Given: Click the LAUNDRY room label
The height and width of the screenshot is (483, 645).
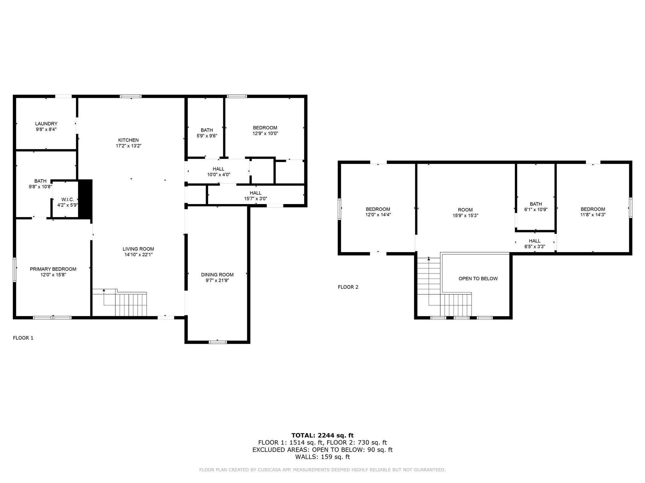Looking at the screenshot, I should click(46, 124).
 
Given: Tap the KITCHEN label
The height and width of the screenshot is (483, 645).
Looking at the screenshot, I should click(128, 140).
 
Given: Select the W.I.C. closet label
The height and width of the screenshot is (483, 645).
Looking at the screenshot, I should click(67, 200).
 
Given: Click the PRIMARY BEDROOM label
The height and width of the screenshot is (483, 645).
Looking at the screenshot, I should click(53, 269).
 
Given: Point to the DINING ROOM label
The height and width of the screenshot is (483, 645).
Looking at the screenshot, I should click(217, 275).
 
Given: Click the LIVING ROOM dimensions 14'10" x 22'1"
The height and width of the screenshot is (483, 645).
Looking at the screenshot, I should click(139, 255).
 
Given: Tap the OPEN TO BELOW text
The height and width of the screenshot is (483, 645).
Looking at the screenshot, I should click(478, 279).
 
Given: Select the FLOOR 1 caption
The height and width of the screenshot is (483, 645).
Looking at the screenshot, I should click(23, 338).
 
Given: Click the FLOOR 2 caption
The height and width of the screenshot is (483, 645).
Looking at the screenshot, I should click(348, 287).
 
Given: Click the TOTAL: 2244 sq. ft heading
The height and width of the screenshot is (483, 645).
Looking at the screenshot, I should click(322, 436).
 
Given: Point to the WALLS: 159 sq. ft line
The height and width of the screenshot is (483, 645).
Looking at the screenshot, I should click(322, 457).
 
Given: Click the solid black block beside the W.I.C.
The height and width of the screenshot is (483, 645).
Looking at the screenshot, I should click(85, 199).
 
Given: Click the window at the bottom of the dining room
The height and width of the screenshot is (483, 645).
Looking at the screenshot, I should click(218, 342).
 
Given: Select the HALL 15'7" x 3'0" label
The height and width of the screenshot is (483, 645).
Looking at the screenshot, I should click(255, 196).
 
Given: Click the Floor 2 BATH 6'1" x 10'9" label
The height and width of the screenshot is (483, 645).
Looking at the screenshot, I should click(535, 207).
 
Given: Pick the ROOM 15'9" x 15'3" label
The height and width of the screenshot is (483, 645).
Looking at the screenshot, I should click(465, 213).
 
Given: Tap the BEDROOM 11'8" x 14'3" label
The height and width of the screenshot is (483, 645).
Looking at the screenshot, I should click(593, 212).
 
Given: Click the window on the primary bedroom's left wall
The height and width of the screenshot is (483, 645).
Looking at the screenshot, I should click(14, 269).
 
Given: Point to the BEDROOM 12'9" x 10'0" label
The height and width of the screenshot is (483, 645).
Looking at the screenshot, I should click(265, 130).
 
